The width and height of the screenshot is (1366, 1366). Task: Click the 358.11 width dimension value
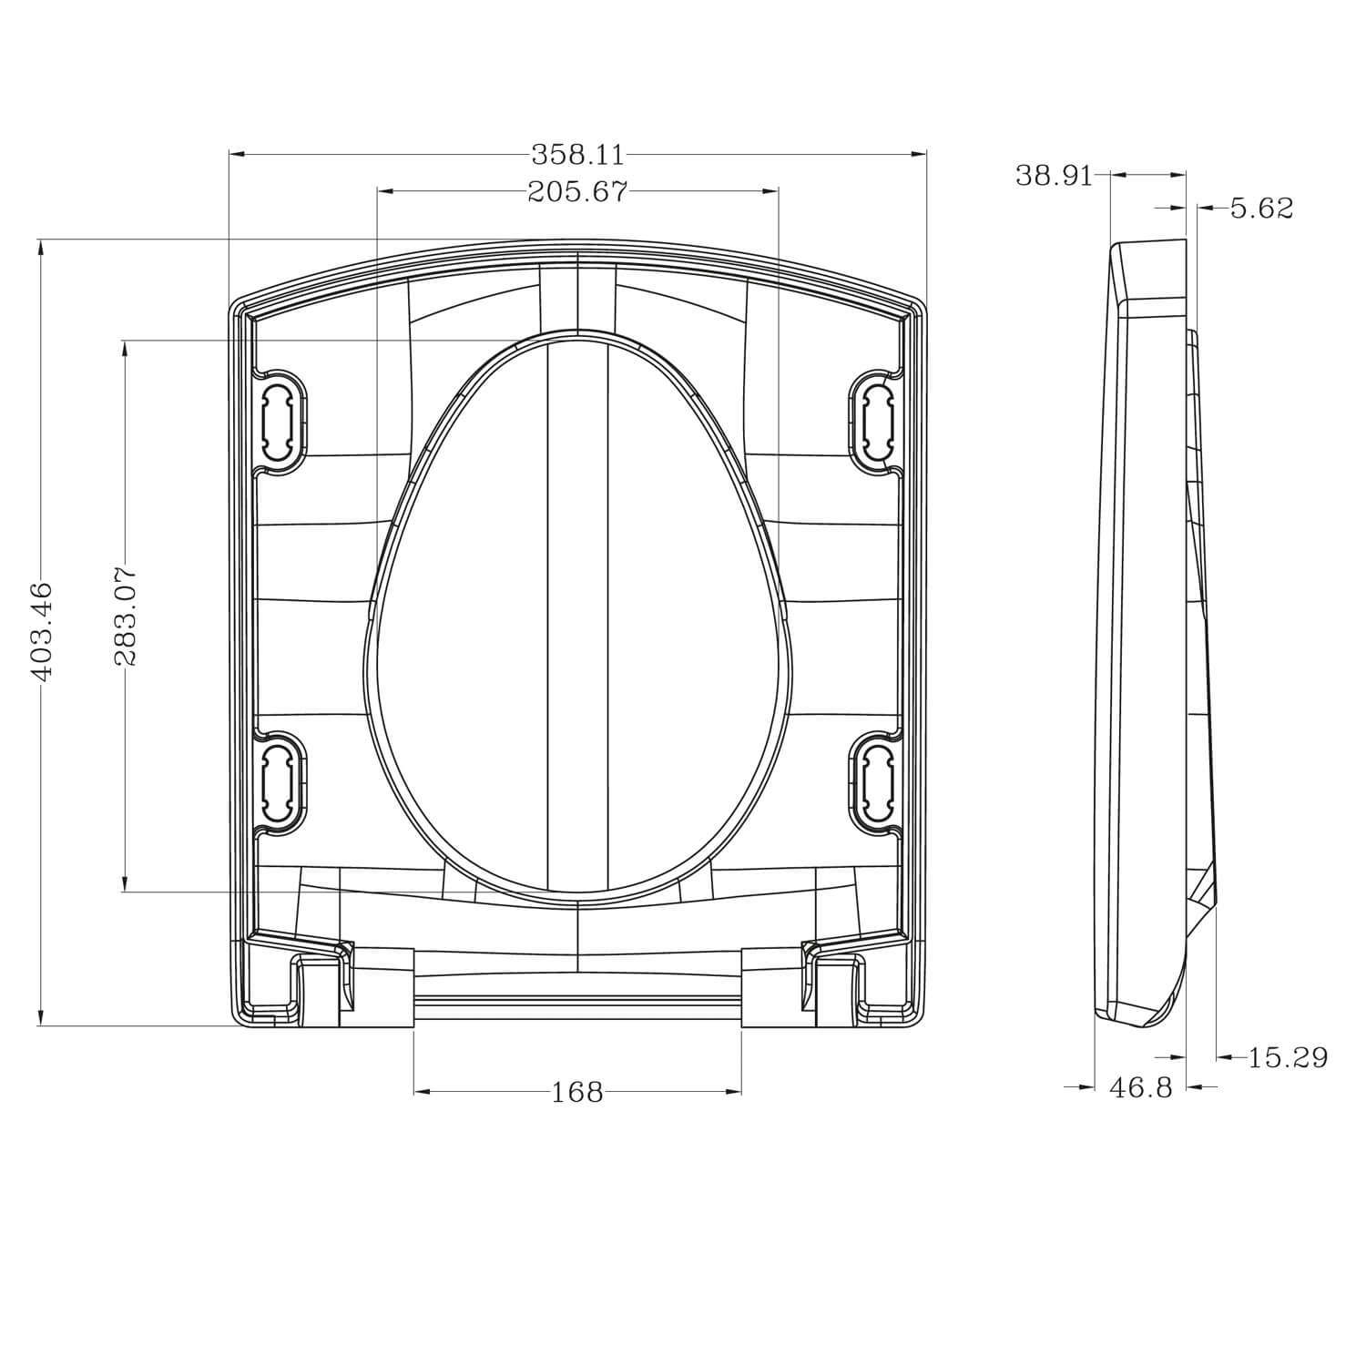(x=578, y=155)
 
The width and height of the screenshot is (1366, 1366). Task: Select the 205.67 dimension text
(x=577, y=191)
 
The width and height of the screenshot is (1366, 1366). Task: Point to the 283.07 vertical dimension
(x=125, y=617)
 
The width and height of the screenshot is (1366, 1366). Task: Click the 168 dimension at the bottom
(x=577, y=1092)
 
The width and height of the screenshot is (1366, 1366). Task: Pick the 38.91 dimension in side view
(x=1054, y=175)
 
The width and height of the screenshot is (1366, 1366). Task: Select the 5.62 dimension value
(x=1261, y=209)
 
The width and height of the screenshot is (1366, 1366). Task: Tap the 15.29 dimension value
(x=1287, y=1057)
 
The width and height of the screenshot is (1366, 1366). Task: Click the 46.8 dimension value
(x=1141, y=1086)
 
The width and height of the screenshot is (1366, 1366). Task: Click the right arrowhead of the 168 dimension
(x=733, y=1092)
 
